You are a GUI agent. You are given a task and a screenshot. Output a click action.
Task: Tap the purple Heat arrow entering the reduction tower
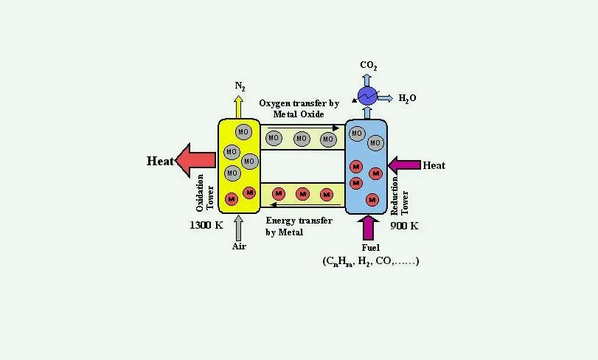403,165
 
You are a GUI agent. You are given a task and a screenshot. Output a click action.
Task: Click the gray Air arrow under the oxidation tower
238,226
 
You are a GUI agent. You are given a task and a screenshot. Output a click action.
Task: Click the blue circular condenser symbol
367,96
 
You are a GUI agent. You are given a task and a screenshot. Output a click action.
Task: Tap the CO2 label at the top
369,66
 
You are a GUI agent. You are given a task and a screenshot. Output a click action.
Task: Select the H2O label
407,97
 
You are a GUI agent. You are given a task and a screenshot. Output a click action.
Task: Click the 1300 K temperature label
206,225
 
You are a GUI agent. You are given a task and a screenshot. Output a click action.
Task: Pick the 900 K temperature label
404,225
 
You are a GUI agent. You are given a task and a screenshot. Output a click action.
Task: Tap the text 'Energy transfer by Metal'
299,226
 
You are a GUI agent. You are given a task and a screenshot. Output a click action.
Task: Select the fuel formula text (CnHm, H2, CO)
371,261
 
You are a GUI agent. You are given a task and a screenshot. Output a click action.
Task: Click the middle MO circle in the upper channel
301,138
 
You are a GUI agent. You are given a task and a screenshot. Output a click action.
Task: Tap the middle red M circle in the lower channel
302,194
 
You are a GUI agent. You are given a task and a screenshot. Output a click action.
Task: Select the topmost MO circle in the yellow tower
243,131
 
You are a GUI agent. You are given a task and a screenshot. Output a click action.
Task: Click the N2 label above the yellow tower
240,86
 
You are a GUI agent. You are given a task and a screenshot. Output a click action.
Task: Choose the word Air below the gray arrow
239,246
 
